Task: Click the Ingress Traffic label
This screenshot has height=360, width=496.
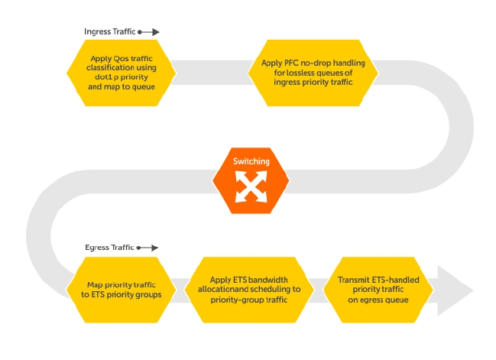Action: click(x=109, y=32)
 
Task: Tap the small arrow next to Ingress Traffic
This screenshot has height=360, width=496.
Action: click(x=149, y=32)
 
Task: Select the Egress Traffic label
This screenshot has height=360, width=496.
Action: click(x=109, y=248)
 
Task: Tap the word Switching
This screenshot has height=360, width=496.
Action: click(x=251, y=162)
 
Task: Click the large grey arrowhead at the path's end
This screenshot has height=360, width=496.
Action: click(x=456, y=290)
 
